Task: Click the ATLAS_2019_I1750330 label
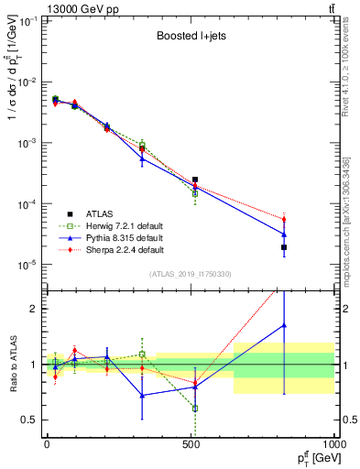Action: (189, 273)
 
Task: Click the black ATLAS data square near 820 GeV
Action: (284, 247)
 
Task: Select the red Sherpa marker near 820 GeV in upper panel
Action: (284, 219)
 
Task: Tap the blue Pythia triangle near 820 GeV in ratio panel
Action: (284, 325)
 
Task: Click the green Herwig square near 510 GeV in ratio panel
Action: (195, 409)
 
